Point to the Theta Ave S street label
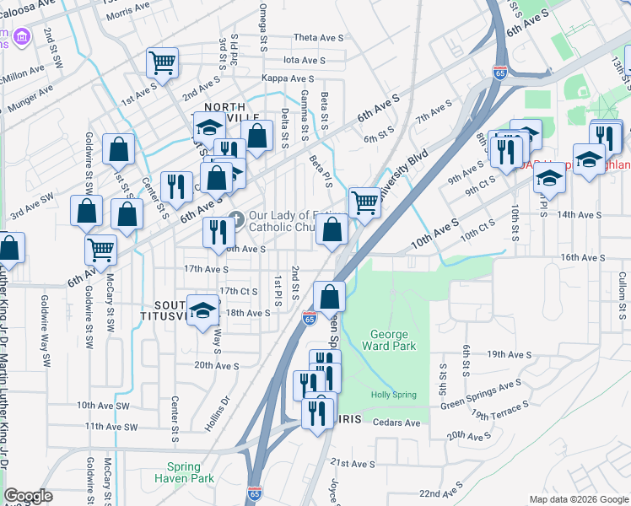tap(319, 38)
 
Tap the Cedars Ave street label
tap(396, 423)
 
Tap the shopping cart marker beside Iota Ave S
tap(162, 62)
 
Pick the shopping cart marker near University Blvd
tap(364, 201)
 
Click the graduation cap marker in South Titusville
tap(203, 310)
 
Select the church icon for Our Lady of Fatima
tap(236, 218)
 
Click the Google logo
tap(28, 496)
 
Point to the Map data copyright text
tap(577, 499)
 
